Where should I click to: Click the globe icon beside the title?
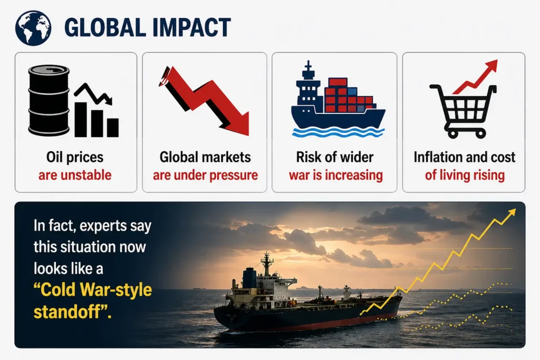pyautogui.click(x=33, y=28)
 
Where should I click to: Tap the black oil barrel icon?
pyautogui.click(x=49, y=101)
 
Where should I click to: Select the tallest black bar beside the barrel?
pyautogui.click(x=81, y=119)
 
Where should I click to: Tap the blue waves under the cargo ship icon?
pyautogui.click(x=338, y=132)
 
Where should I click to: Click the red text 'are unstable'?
pyautogui.click(x=75, y=175)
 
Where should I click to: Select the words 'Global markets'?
pyautogui.click(x=205, y=157)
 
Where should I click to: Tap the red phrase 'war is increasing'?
pyautogui.click(x=336, y=175)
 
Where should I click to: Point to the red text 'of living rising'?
pyautogui.click(x=465, y=175)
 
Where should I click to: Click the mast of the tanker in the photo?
pyautogui.click(x=266, y=263)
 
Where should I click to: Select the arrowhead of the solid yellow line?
pyautogui.click(x=512, y=212)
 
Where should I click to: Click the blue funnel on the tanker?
pyautogui.click(x=249, y=278)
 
